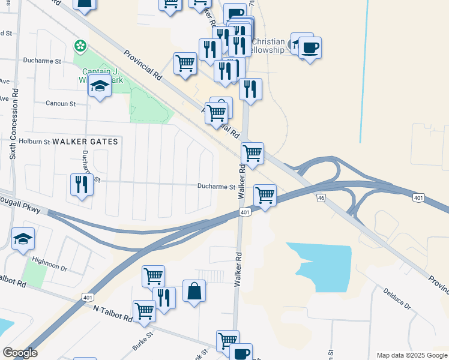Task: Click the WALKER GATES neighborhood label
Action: tap(86, 142)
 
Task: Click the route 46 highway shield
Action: tap(322, 197)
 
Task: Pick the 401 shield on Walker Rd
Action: tap(244, 212)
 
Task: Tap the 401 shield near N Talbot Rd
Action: tap(88, 297)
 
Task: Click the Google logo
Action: tap(20, 353)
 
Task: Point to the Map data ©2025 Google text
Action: tap(411, 355)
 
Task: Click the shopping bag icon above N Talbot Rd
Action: tap(194, 292)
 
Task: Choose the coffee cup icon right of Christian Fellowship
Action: tap(310, 47)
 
